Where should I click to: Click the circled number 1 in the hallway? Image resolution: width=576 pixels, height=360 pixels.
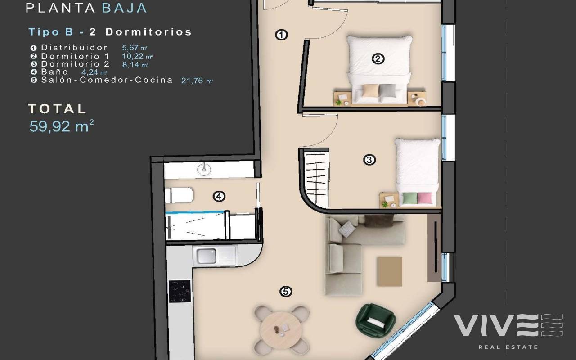coord(281,35)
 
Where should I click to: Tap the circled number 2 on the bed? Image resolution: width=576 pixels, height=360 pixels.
coord(378,59)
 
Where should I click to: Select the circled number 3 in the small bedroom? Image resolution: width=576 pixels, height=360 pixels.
coord(369,160)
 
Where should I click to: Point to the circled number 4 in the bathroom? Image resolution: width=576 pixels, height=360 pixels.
coord(219,197)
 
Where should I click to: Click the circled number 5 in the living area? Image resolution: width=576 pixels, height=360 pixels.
coord(286,292)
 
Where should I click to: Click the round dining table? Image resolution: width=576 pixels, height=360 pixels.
coord(281,330)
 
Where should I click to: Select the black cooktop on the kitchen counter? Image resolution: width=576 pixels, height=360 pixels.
coord(180,291)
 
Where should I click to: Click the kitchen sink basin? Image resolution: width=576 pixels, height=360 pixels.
coord(206,256)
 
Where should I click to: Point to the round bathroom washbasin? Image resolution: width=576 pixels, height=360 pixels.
coord(204,170)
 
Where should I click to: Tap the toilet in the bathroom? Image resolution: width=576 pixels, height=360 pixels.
coord(179,195)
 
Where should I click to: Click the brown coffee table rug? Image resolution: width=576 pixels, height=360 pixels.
coord(390,271)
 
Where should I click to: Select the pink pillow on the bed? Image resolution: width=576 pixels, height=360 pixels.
coord(424,198)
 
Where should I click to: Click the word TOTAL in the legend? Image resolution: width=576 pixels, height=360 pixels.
coord(57,109)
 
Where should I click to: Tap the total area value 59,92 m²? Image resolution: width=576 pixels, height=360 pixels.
coord(62,126)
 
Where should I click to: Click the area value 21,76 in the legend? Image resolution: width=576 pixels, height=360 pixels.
coord(192,81)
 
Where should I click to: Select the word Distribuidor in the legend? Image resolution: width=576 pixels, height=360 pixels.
coord(74,48)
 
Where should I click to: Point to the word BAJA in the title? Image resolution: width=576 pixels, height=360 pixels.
coord(125,8)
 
